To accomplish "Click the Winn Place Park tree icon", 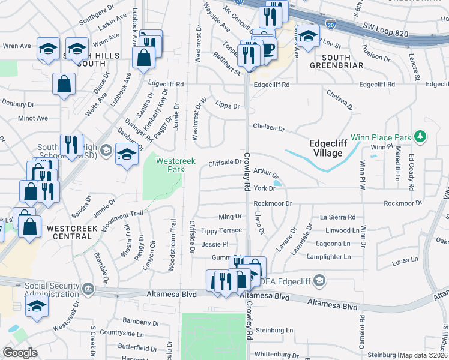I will (x=420, y=137).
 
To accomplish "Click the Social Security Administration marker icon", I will (x=89, y=290).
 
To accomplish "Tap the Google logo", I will (x=20, y=352).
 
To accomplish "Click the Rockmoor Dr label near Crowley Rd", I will (x=273, y=203).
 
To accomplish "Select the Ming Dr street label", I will (x=229, y=216).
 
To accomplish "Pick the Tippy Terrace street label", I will (x=221, y=230).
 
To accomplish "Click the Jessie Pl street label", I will (x=215, y=244).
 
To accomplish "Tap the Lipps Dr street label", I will (x=228, y=106).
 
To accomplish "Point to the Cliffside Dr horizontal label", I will (x=224, y=162).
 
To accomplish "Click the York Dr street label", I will (x=264, y=188).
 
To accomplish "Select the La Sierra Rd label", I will (x=337, y=217).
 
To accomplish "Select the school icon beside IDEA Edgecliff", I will (x=319, y=280).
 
